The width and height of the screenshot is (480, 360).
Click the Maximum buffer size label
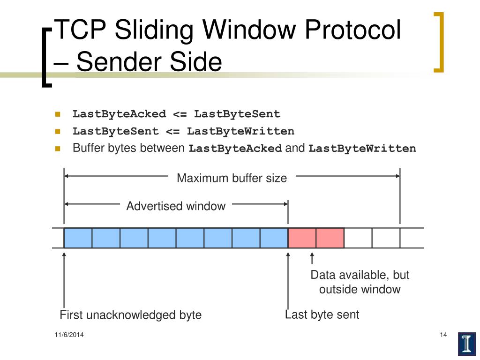click(x=232, y=178)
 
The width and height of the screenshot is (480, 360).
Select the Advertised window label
click(x=176, y=206)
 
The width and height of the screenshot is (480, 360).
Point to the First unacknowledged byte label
click(x=130, y=315)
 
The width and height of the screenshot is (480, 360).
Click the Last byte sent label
click(x=322, y=315)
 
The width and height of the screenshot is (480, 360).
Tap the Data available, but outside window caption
click(x=360, y=282)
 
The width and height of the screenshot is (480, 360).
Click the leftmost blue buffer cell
click(x=78, y=238)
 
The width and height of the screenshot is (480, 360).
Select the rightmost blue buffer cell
click(x=274, y=238)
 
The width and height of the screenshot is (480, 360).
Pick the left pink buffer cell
click(x=302, y=238)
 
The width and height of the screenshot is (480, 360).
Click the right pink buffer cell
click(x=330, y=238)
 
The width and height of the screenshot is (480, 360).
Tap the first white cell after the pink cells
click(x=358, y=238)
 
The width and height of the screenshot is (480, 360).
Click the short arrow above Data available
click(x=312, y=259)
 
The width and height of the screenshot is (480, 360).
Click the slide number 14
click(x=443, y=335)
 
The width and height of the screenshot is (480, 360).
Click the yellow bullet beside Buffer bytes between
click(x=58, y=149)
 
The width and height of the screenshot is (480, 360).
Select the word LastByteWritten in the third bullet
click(x=362, y=149)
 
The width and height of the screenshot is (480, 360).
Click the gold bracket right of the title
click(x=439, y=42)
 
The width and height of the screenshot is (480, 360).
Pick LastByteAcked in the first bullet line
click(x=119, y=114)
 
